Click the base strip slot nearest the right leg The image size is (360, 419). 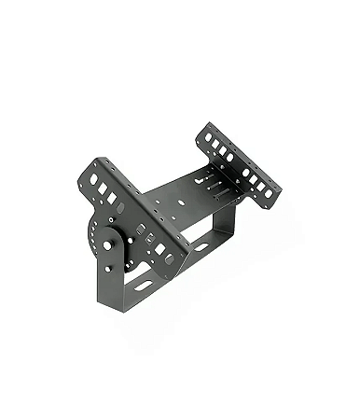200,247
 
